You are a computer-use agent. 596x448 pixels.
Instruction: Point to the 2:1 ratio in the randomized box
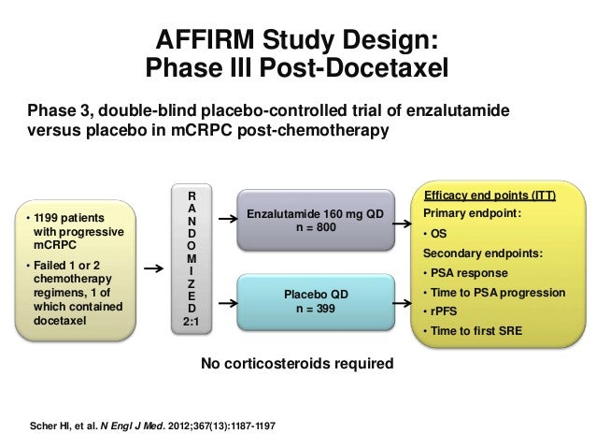pyautogui.click(x=191, y=323)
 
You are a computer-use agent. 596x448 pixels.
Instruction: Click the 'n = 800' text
pyautogui.click(x=314, y=228)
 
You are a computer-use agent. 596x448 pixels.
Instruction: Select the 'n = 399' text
pyautogui.click(x=314, y=308)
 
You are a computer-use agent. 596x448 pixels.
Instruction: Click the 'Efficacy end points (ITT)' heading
pyautogui.click(x=490, y=195)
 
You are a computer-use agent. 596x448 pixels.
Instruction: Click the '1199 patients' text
pyautogui.click(x=65, y=204)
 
